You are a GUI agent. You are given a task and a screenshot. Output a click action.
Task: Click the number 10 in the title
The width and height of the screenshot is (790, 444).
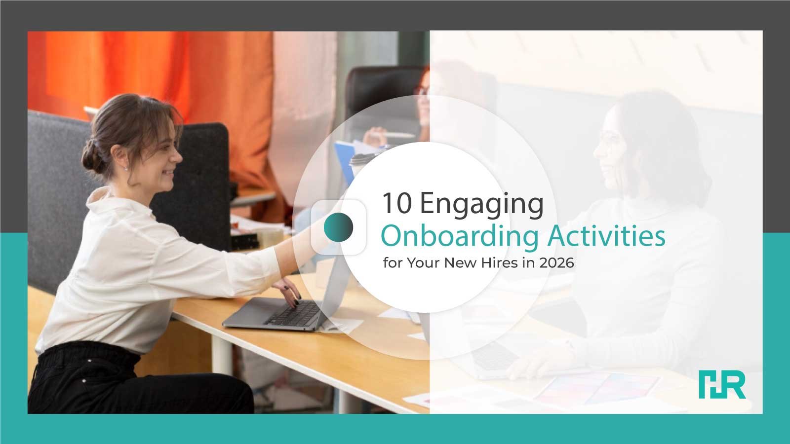397,203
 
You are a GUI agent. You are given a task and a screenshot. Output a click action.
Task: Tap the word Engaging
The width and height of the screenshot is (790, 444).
482,206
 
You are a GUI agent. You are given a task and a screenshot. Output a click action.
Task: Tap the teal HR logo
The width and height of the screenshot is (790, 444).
722,384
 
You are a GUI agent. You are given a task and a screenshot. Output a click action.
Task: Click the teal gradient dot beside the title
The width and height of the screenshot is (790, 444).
338,227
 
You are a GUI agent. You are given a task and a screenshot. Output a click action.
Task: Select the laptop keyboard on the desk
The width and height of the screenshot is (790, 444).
293,313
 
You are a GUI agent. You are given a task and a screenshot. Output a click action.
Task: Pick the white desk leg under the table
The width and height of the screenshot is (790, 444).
222,355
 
